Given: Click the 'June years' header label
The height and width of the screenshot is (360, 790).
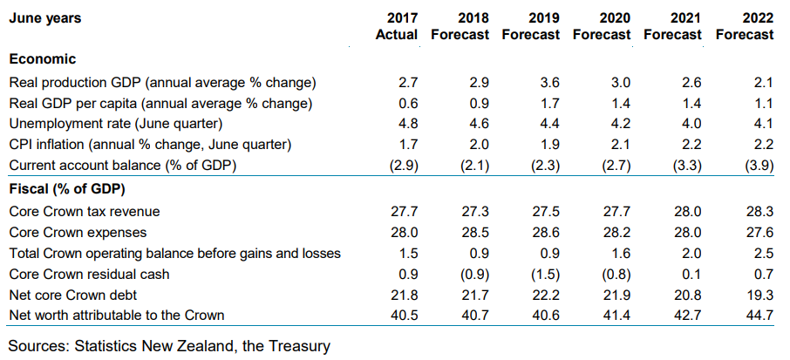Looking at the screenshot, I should [x=44, y=18].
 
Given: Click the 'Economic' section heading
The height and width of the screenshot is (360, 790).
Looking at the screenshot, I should [x=42, y=59].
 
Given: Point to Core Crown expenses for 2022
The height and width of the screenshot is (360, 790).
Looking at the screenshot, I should [x=759, y=232].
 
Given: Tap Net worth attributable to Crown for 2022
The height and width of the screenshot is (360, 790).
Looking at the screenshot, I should [x=759, y=316].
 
